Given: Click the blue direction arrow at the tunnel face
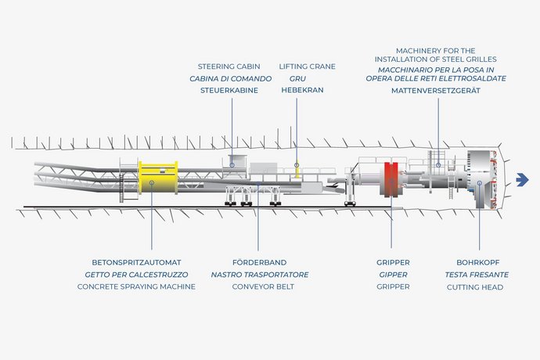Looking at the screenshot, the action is click(x=523, y=179).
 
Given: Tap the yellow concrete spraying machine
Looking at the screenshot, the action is click(x=158, y=178).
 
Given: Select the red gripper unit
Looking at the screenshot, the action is click(x=391, y=179).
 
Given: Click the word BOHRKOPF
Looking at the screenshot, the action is click(x=477, y=262).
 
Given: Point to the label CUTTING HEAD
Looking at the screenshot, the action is click(x=475, y=287).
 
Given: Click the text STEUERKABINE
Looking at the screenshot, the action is click(x=229, y=90).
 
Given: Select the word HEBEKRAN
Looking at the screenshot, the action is click(x=302, y=90).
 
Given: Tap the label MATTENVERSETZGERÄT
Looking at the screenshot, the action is click(x=436, y=91).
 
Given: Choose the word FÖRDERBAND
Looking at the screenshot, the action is click(x=259, y=262).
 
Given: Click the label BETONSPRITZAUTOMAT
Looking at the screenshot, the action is click(x=136, y=262).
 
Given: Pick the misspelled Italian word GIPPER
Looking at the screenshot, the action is click(x=393, y=275).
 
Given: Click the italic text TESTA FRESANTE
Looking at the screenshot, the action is click(x=477, y=275).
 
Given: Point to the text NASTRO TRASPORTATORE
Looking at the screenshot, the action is click(x=260, y=275).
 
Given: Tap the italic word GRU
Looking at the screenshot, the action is click(x=297, y=78).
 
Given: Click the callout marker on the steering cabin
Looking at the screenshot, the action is click(x=232, y=165).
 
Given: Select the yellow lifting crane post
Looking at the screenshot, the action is click(x=297, y=170).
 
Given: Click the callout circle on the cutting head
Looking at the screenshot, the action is click(x=480, y=183).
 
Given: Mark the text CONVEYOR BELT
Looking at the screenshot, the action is click(x=263, y=286).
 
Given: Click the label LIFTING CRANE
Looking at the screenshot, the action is click(x=308, y=67).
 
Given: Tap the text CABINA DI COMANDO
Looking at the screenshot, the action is click(x=230, y=78).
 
